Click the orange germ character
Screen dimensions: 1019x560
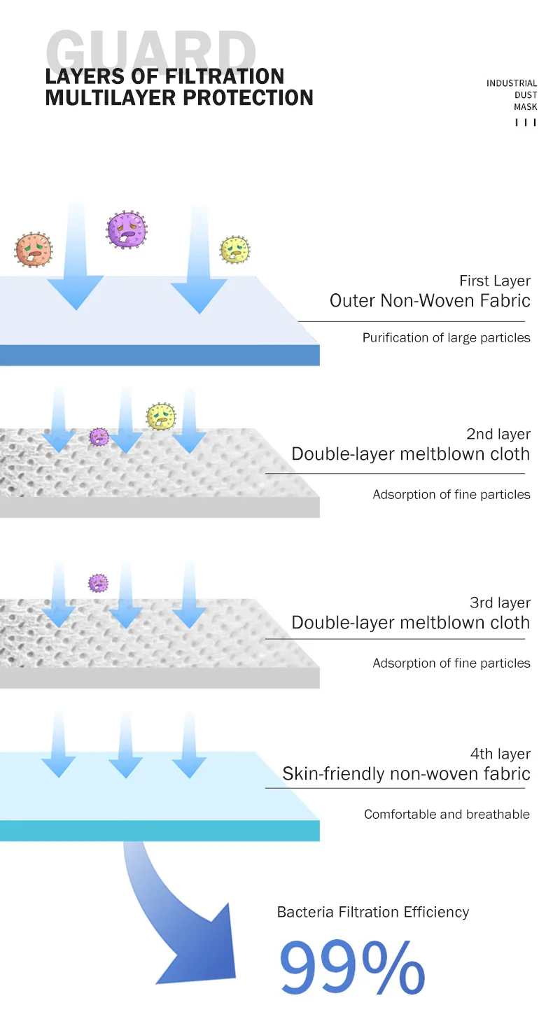pyautogui.click(x=34, y=249)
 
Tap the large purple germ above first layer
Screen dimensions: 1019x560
pyautogui.click(x=127, y=229)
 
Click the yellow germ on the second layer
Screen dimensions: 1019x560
pyautogui.click(x=161, y=417)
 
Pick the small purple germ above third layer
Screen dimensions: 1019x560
pyautogui.click(x=98, y=582)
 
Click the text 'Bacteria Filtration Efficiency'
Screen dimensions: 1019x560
pyautogui.click(x=372, y=912)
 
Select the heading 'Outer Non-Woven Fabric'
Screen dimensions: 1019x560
pyautogui.click(x=430, y=301)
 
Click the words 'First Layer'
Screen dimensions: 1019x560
pyautogui.click(x=494, y=281)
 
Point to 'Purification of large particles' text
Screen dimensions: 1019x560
pyautogui.click(x=446, y=338)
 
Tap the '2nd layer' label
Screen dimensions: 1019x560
pyautogui.click(x=498, y=434)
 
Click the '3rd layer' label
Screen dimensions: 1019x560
pyautogui.click(x=500, y=603)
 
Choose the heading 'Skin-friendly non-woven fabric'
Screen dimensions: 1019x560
pyautogui.click(x=406, y=774)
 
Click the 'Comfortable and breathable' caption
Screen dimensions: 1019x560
pyautogui.click(x=447, y=815)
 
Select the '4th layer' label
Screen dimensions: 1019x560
pyautogui.click(x=500, y=754)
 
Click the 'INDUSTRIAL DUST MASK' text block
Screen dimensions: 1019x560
pyautogui.click(x=512, y=95)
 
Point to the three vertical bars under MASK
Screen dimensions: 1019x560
pyautogui.click(x=526, y=122)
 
